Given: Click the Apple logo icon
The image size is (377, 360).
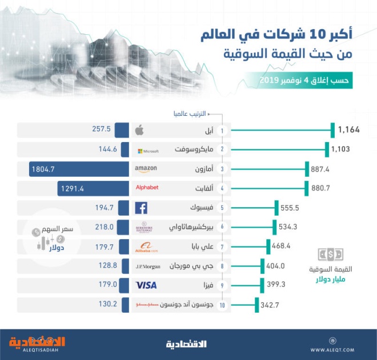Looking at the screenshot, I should coord(139,131).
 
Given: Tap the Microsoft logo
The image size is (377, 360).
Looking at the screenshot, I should coord(147,151).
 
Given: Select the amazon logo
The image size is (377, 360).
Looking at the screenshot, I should coord(146,169).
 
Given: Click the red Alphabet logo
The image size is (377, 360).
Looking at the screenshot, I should coord(147,188).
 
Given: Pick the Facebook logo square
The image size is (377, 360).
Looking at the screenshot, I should coord(141,208).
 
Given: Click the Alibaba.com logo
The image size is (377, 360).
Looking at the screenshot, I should coord(146,247).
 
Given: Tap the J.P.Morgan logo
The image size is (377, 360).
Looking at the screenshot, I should coord(147,266).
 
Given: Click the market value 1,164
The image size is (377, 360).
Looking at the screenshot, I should coord(348,130).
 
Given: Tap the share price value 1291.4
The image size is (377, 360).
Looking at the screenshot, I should coord(72,188).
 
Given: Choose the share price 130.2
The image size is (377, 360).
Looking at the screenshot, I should coord(107,304).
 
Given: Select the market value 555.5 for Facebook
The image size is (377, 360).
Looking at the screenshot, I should coord(291,208).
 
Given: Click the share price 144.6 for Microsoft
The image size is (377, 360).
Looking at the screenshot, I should coord(107,149).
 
